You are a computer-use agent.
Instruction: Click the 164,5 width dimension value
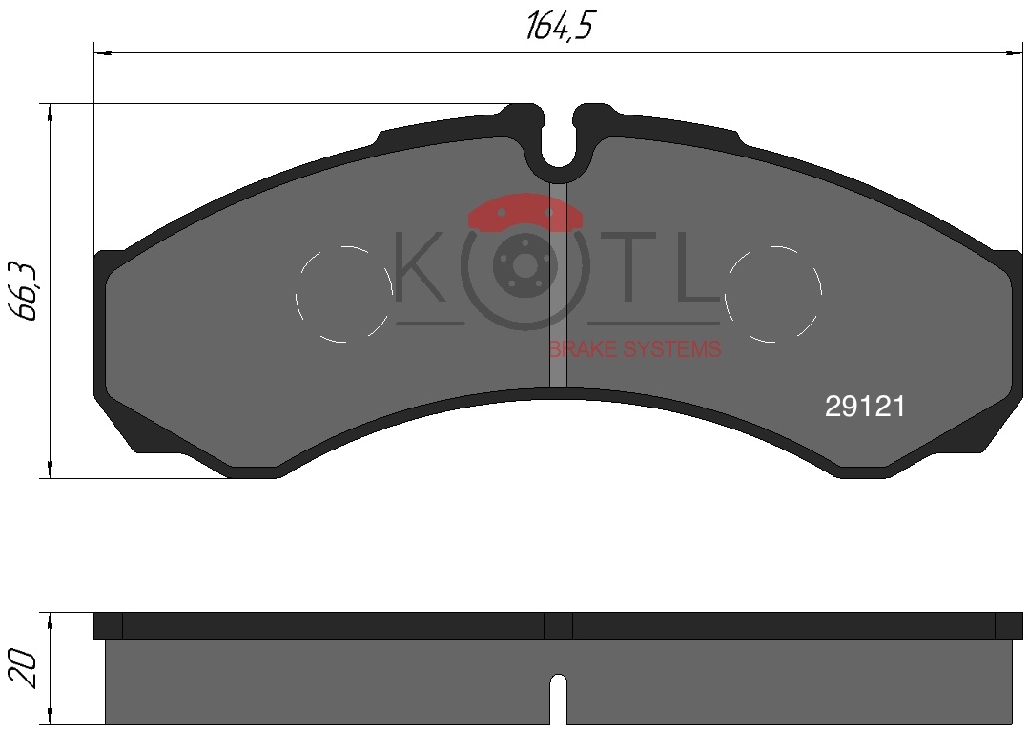[559, 26]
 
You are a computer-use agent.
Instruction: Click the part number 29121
[865, 407]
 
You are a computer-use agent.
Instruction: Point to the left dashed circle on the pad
[296, 294]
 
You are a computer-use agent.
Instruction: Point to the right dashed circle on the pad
[821, 294]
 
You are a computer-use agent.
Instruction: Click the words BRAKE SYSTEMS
[635, 349]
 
